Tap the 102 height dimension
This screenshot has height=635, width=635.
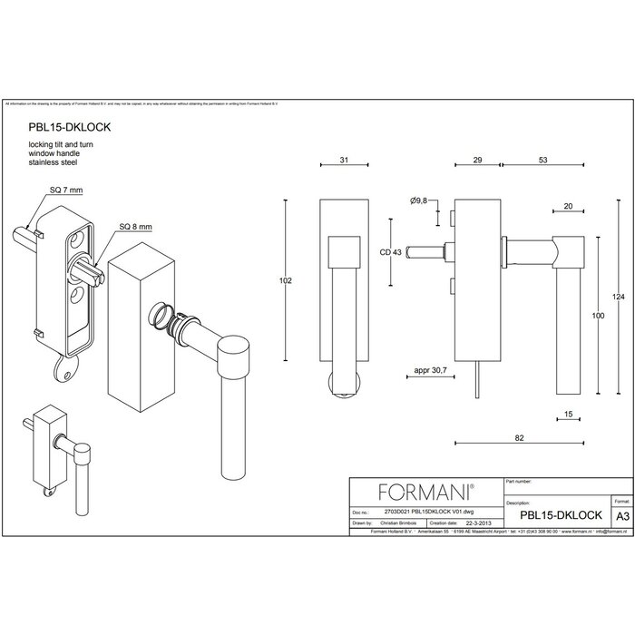(285, 282)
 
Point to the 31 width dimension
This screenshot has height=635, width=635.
(344, 161)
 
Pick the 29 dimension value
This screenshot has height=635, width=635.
(477, 161)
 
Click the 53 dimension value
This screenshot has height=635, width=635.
(542, 161)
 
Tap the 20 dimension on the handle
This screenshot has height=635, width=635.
(567, 207)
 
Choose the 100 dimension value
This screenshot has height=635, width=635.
(598, 316)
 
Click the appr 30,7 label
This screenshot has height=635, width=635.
(428, 371)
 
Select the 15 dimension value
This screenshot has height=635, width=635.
(567, 415)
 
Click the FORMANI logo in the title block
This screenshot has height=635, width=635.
(425, 493)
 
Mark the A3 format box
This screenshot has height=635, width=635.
(622, 514)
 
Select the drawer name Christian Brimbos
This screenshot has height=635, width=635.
(396, 523)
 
